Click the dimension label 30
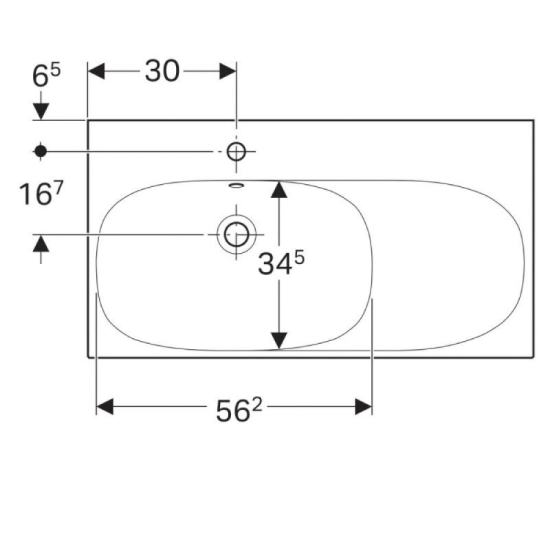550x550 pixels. tap(162, 71)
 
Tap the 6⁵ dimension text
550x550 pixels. tap(46, 75)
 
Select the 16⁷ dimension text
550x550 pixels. tap(41, 194)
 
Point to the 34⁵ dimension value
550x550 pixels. tap(281, 263)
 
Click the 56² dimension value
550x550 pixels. tap(239, 410)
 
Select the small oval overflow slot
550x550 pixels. tap(236, 185)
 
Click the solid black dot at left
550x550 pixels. tap(41, 151)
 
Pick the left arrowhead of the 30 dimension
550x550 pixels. tap(96, 71)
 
